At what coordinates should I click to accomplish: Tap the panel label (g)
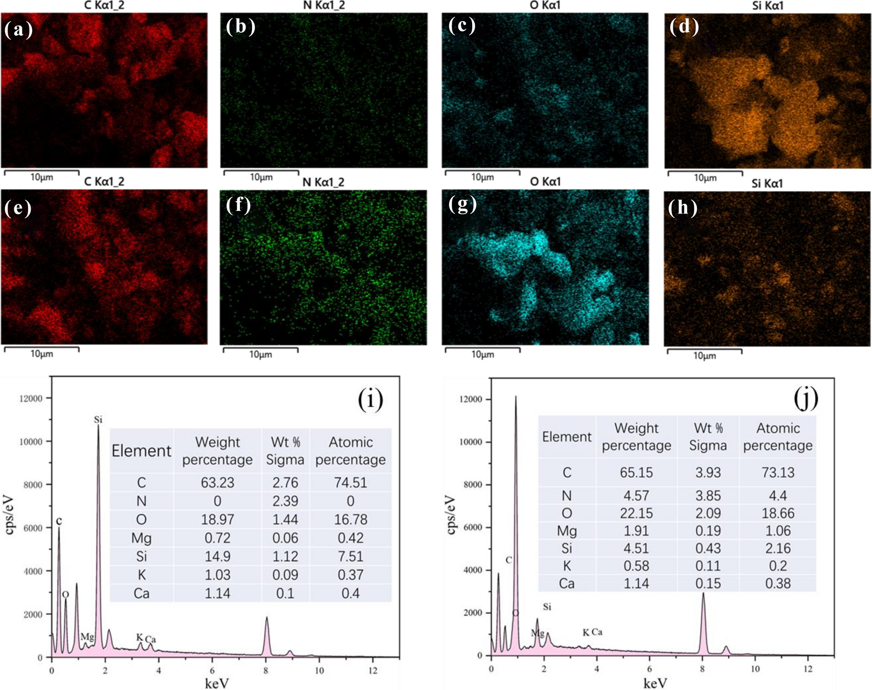(x=462, y=204)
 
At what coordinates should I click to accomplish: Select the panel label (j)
(x=806, y=398)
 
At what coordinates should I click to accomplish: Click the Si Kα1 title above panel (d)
(x=768, y=6)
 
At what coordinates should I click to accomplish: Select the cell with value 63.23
(x=217, y=482)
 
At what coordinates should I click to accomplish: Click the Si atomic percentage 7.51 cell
(x=350, y=556)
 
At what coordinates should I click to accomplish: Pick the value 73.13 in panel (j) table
(x=778, y=472)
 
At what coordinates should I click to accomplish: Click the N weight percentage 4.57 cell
(x=636, y=495)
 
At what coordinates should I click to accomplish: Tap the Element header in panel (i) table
(x=141, y=450)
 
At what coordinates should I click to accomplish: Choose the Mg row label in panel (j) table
(x=566, y=531)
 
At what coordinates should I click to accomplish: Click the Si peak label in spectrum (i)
(x=98, y=419)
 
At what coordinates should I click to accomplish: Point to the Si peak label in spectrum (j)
(x=547, y=606)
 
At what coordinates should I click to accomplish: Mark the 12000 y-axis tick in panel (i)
(x=31, y=398)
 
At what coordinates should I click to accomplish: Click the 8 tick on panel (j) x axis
(x=702, y=669)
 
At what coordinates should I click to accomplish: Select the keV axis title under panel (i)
(x=216, y=683)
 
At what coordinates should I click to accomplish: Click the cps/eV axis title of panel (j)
(x=451, y=515)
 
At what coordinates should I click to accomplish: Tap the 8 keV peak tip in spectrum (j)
(x=703, y=593)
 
